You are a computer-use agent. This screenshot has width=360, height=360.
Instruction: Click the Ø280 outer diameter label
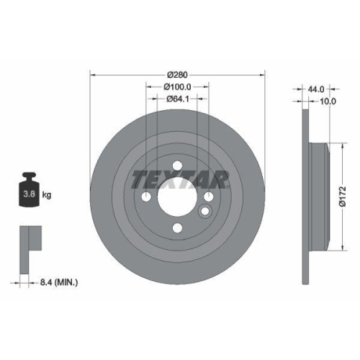pos(178,74)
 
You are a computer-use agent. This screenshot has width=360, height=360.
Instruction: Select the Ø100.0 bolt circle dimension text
pos(178,86)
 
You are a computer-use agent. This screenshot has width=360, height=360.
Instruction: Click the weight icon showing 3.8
pos(30,190)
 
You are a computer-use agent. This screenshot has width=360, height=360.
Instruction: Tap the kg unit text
pos(47,195)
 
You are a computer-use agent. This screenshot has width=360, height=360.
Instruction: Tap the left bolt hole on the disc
pos(146,197)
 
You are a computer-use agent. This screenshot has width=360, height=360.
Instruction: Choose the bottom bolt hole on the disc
pos(177,228)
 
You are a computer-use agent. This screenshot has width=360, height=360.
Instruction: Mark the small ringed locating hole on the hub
pos(204,212)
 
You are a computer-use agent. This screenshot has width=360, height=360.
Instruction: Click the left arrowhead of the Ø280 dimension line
pos(91,74)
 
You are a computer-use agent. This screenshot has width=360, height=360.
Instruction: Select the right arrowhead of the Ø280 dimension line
pos(264,74)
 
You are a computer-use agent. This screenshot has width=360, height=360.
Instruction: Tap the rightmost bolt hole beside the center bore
pos(208,197)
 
